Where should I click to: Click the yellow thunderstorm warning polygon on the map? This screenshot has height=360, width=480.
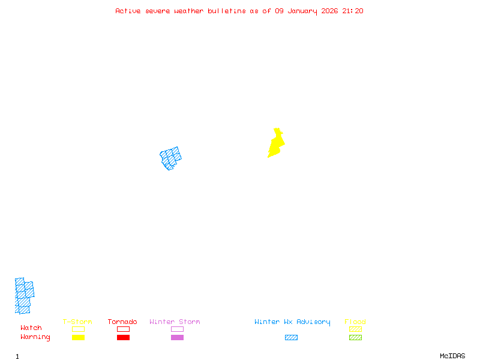275,145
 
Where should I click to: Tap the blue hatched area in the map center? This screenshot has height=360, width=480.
170,158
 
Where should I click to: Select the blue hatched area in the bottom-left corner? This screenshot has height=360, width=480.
23,296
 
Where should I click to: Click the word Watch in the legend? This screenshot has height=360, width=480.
31,328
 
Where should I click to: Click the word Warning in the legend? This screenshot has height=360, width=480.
35,337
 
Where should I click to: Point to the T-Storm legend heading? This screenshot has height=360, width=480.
77,322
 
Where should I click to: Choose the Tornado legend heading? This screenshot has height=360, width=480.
122,322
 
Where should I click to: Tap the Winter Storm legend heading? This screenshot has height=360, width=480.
175,322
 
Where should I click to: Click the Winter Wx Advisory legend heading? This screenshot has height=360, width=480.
292,322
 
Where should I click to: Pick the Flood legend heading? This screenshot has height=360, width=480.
355,322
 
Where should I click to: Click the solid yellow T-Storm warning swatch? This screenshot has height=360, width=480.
78,337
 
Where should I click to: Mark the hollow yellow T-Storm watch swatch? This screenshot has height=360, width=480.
78,329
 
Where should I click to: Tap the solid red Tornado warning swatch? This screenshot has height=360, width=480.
123,337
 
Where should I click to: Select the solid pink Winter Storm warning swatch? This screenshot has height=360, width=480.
177,337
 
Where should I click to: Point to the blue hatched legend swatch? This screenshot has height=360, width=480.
291,337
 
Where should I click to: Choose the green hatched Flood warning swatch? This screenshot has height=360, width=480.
355,337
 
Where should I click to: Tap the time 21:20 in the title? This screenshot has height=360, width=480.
353,11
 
